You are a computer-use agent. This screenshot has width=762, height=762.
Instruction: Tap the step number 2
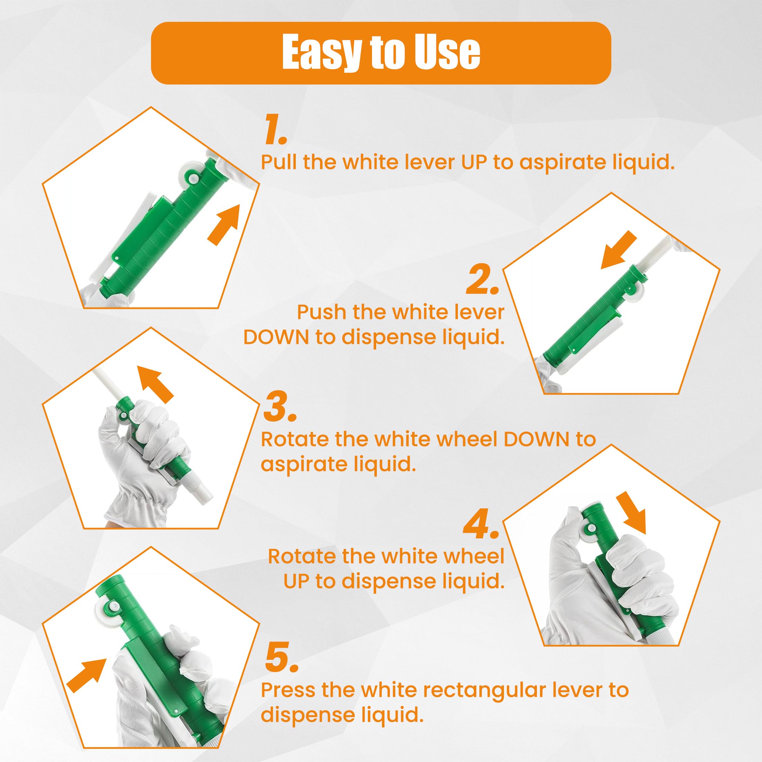click(x=483, y=280)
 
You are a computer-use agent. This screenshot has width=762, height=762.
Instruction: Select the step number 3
click(x=279, y=406)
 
